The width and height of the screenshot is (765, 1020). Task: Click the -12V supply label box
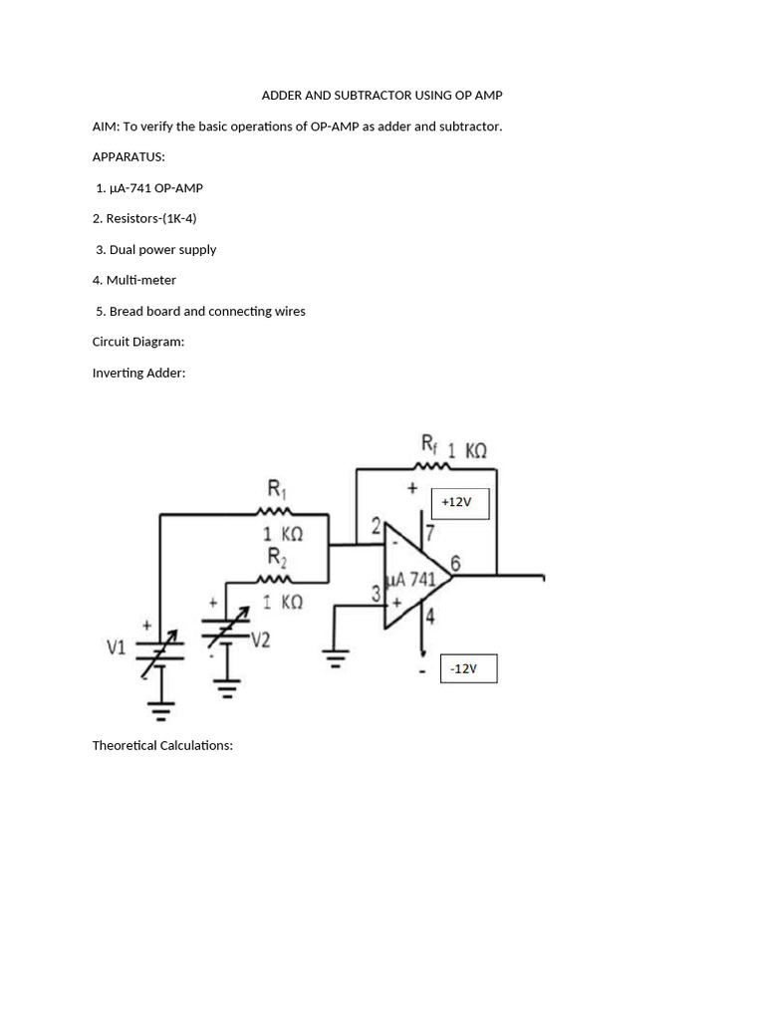pos(464,668)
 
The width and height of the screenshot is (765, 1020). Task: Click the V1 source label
pos(117,647)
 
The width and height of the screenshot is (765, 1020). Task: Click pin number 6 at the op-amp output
pos(455,564)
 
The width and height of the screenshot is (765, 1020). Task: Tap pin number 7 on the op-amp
pos(430,532)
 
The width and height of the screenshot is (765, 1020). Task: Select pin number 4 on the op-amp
pos(430,617)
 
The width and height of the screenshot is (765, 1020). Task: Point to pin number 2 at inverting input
pos(376,526)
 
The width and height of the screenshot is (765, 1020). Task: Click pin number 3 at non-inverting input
pos(377,594)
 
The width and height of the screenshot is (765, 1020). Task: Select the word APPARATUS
pos(128,157)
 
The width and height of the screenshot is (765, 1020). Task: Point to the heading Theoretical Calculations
pos(162,745)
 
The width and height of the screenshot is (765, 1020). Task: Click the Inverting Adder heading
pos(138,373)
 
